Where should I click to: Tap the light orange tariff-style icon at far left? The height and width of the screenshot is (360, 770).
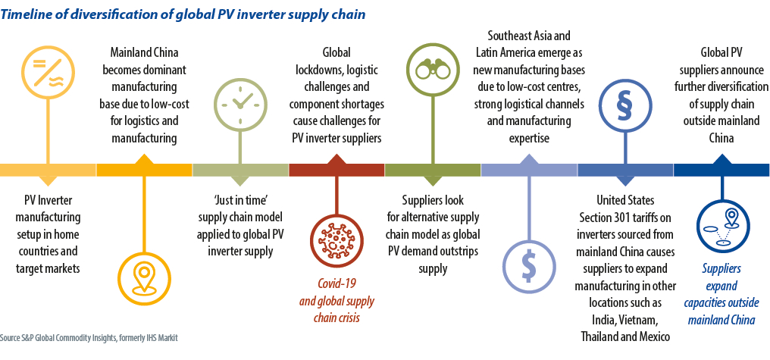(49, 69)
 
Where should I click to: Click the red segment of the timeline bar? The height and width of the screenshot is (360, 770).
(336, 170)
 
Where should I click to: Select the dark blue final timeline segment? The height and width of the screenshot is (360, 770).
(721, 170)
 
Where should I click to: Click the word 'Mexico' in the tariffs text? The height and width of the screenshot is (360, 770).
(649, 337)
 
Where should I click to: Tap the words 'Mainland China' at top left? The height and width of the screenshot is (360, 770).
(144, 52)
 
